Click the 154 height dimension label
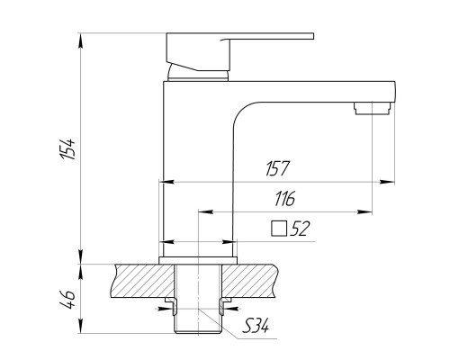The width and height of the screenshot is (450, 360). coord(67,148)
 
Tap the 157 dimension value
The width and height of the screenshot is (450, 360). coord(277,168)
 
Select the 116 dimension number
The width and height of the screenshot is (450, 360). coord(284,199)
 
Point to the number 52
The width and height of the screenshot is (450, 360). coord(300,229)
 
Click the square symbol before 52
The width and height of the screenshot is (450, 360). coord(279,229)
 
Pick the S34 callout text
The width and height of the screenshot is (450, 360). coord(256,326)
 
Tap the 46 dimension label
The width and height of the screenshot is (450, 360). coord(67,299)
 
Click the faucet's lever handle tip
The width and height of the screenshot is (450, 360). coord(312,36)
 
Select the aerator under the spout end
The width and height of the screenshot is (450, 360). coord(373,108)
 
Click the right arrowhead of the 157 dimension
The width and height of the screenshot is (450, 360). coord(387,182)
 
